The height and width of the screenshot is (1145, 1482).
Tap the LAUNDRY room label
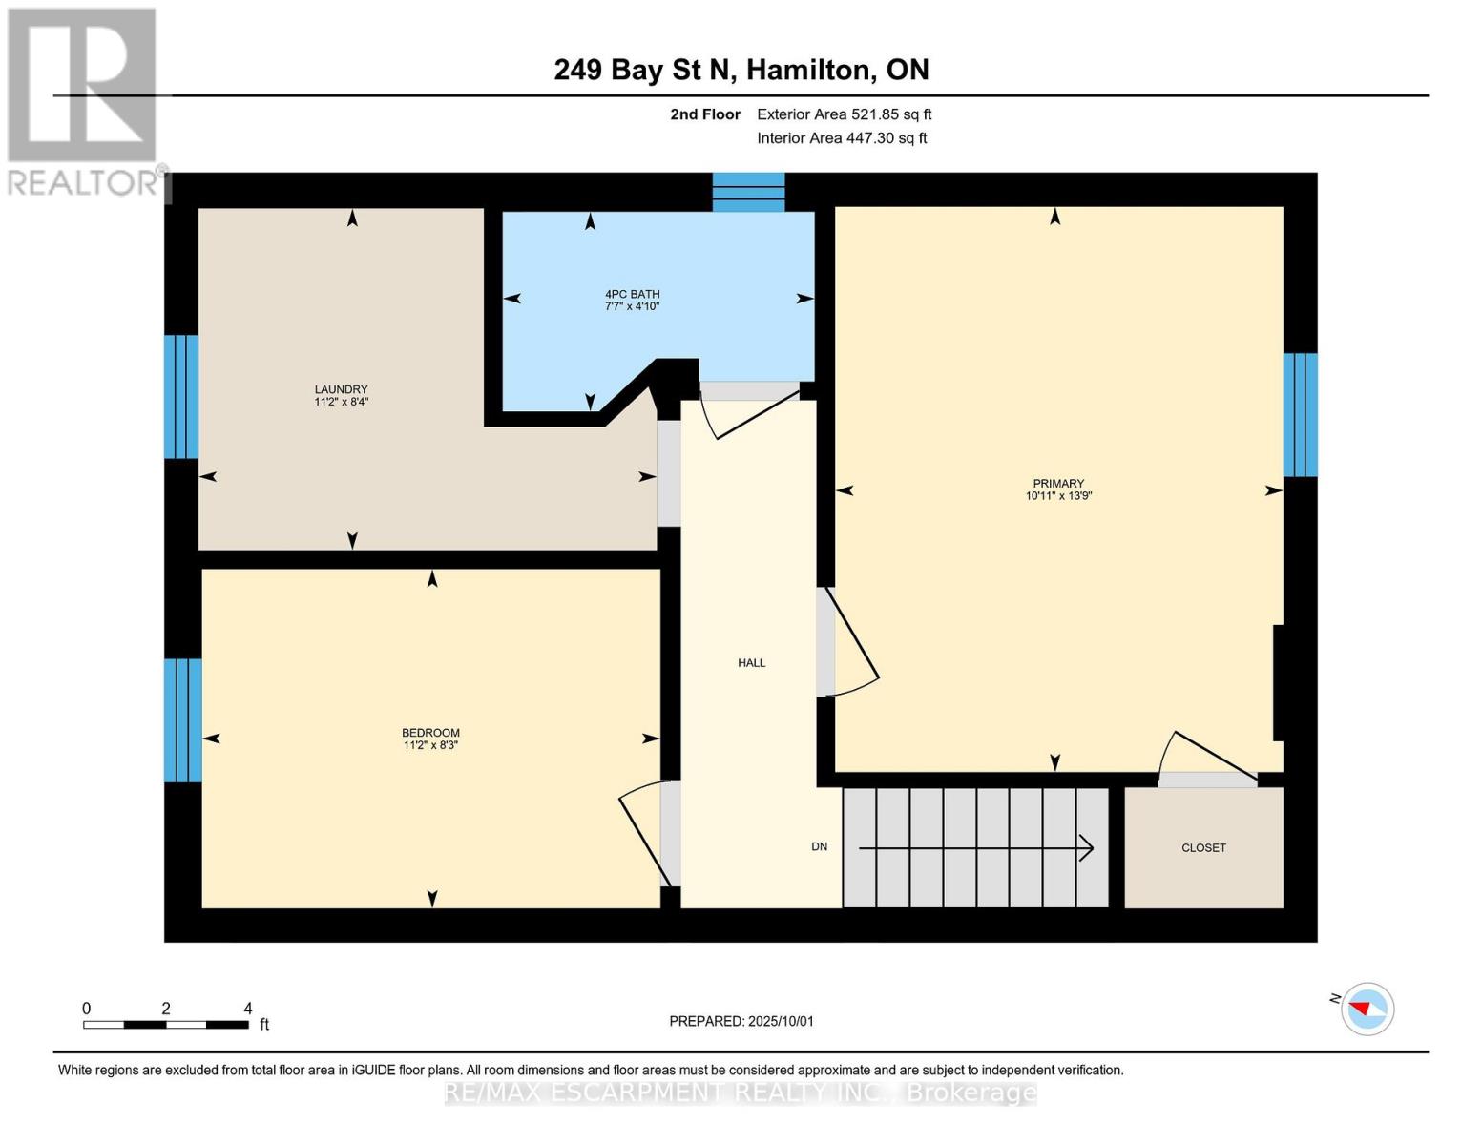click(x=341, y=395)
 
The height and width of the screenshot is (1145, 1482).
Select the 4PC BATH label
click(x=632, y=300)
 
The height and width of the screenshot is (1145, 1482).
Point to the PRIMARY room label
click(x=1057, y=489)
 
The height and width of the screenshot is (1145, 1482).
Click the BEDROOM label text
click(x=430, y=739)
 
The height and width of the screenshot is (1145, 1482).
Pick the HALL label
click(x=751, y=662)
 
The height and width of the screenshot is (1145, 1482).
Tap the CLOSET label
click(x=1203, y=847)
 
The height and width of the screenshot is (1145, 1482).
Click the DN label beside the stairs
click(x=819, y=846)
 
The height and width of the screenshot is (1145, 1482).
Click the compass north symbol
click(x=1367, y=1008)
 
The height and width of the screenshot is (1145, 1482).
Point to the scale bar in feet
click(x=166, y=1024)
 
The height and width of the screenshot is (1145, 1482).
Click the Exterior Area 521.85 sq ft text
click(x=844, y=114)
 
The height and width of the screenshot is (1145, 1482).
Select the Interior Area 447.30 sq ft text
click(x=842, y=138)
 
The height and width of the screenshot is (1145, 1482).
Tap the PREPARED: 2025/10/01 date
click(x=741, y=1021)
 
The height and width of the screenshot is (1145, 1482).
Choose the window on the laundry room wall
click(x=181, y=396)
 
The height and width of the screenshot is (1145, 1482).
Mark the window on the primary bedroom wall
click(x=1300, y=414)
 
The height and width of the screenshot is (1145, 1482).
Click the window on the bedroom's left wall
click(x=182, y=719)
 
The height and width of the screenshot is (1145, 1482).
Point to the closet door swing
click(x=1206, y=760)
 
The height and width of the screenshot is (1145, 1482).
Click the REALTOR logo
click(x=83, y=100)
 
